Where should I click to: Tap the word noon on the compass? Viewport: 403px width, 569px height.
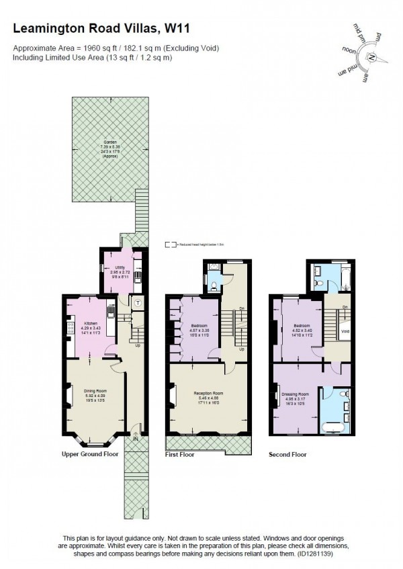(349, 50)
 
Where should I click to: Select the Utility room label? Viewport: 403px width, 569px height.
(121, 267)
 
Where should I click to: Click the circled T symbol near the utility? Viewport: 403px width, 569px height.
(137, 303)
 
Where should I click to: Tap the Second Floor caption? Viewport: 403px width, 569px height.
(287, 455)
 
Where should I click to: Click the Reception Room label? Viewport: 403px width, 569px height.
(208, 393)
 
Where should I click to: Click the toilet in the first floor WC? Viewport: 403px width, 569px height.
(213, 286)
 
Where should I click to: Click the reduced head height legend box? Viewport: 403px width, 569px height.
(171, 246)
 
